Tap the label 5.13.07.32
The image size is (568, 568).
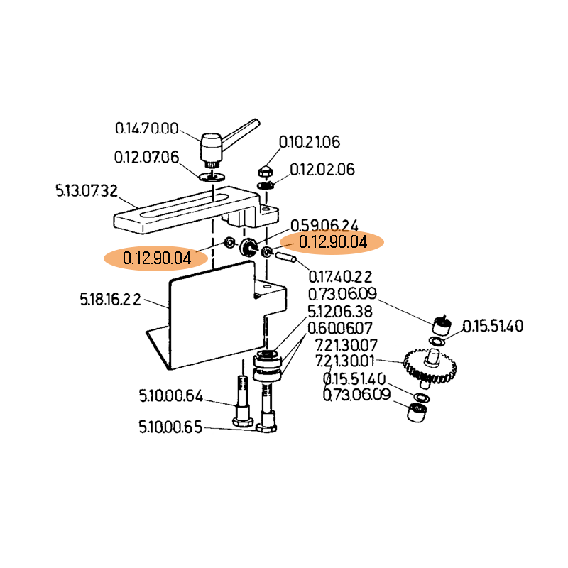coord(86,190)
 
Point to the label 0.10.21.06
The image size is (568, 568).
coord(309,142)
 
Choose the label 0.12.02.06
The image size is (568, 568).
coord(322,170)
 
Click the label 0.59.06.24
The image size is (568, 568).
coord(324,224)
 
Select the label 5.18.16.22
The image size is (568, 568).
coord(110,300)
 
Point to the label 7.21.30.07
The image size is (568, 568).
coord(346,344)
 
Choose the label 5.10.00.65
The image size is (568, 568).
coord(170,427)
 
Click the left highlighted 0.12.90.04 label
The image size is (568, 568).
coord(157,258)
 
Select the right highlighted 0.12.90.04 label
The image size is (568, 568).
coord(332,242)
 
